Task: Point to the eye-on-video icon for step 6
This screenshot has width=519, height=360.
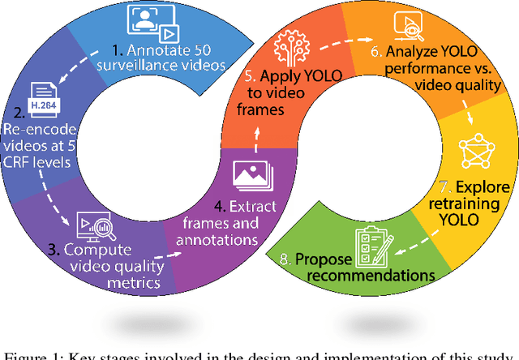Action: click(406, 26)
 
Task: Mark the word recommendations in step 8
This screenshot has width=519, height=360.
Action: click(378, 275)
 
